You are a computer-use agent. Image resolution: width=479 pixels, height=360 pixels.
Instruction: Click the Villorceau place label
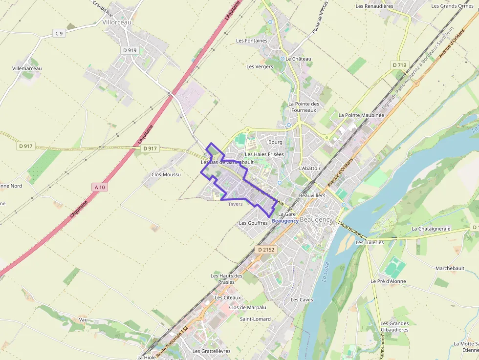pyautogui.click(x=117, y=22)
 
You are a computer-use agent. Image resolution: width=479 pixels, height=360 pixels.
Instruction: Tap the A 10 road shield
pyautogui.click(x=100, y=187)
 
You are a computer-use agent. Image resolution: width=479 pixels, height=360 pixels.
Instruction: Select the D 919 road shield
pyautogui.click(x=130, y=50)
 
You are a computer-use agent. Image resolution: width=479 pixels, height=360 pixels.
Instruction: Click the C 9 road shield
pyautogui.click(x=59, y=33)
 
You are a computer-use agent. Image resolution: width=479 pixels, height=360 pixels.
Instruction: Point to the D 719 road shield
pyautogui.click(x=399, y=64)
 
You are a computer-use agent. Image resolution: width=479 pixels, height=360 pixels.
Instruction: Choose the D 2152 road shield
pyautogui.click(x=266, y=250)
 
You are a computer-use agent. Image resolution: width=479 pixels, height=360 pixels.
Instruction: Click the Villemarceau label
pyautogui.click(x=27, y=68)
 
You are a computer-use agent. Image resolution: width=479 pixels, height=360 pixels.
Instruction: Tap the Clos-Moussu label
pyautogui.click(x=166, y=174)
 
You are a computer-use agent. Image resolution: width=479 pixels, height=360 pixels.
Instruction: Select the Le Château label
pyautogui.click(x=299, y=59)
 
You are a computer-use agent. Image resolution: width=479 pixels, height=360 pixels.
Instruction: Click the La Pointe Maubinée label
pyautogui.click(x=361, y=115)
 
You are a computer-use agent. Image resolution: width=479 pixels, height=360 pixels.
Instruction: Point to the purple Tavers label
pyautogui.click(x=235, y=204)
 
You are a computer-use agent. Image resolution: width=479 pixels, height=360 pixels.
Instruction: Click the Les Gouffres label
pyautogui.click(x=253, y=223)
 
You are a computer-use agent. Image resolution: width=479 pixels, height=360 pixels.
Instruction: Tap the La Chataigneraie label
pyautogui.click(x=431, y=228)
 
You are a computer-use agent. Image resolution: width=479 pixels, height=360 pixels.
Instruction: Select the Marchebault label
pyautogui.click(x=450, y=268)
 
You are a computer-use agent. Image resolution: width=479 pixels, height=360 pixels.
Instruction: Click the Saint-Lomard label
pyautogui.click(x=255, y=319)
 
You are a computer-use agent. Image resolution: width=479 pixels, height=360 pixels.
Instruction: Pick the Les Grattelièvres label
pyautogui.click(x=211, y=351)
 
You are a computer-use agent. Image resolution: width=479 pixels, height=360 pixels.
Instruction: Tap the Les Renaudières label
pyautogui.click(x=374, y=6)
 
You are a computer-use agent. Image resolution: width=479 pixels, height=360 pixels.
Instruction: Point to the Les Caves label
pyautogui.click(x=302, y=299)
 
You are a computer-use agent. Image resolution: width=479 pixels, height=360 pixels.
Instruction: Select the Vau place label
pyautogui.click(x=83, y=319)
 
